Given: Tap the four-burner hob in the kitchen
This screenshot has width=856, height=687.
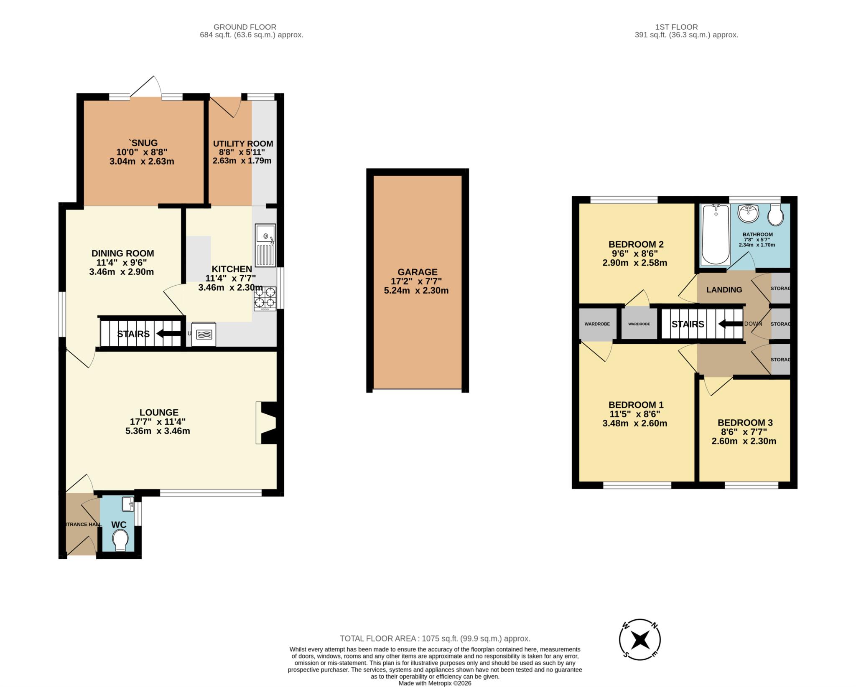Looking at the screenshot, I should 265,298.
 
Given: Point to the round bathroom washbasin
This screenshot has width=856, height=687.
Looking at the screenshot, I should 748,214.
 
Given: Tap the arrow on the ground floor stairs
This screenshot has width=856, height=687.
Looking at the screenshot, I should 166,334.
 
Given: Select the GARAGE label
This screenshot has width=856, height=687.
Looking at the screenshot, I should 417,272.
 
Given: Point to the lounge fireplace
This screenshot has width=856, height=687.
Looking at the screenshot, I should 267,423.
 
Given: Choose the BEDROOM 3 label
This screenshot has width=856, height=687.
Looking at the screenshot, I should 745,423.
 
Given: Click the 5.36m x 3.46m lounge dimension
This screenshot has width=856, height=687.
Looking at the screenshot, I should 158,431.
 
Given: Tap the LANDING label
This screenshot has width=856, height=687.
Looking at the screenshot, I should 724,290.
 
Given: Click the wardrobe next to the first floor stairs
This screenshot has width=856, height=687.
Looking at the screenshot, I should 639,324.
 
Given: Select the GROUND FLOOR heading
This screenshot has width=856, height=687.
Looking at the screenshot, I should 245,27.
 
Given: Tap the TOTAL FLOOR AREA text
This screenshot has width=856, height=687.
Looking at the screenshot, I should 435,639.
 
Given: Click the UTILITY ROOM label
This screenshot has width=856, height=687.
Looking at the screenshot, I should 243,144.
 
